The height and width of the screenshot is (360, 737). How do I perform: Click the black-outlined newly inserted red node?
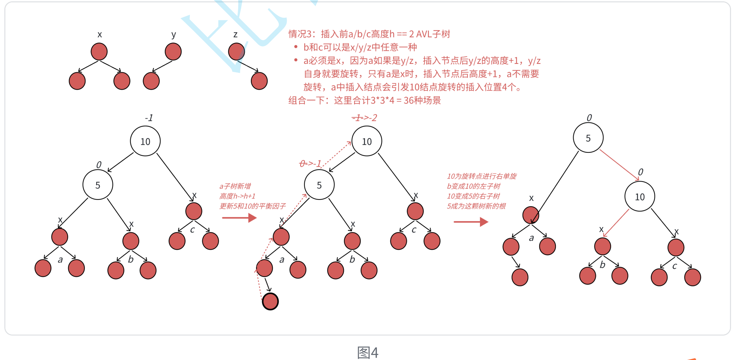tap(270, 302)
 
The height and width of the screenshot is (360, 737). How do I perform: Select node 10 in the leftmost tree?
tap(145, 141)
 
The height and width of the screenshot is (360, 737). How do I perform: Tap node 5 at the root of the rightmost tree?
tap(588, 138)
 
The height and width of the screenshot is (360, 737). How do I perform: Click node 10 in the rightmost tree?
tap(639, 197)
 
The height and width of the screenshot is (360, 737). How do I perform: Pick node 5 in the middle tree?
tap(319, 185)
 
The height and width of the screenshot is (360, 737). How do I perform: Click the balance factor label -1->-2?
tap(364, 118)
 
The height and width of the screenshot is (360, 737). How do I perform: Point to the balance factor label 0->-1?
tap(310, 163)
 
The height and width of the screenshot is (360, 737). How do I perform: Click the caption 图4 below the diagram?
tap(367, 352)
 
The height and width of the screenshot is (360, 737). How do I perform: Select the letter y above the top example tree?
tap(173, 34)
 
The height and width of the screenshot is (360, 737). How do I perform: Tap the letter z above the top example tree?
tap(236, 34)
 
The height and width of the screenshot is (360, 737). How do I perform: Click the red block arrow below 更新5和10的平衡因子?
tap(239, 218)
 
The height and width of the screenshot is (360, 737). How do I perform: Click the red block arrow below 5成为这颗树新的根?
tap(471, 222)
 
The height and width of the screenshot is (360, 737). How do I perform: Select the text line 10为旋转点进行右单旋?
tap(481, 176)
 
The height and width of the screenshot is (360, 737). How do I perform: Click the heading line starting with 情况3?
tap(369, 34)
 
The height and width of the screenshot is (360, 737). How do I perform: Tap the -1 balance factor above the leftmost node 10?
tap(149, 118)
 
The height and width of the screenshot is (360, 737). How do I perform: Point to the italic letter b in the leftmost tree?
tap(131, 259)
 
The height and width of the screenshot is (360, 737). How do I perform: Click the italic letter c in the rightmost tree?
tap(675, 266)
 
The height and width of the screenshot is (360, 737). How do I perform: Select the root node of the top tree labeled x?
tap(99, 52)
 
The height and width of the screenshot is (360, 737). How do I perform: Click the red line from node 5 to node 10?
tap(619, 165)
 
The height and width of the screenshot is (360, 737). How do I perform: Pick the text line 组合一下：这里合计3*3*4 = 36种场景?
tap(364, 100)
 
